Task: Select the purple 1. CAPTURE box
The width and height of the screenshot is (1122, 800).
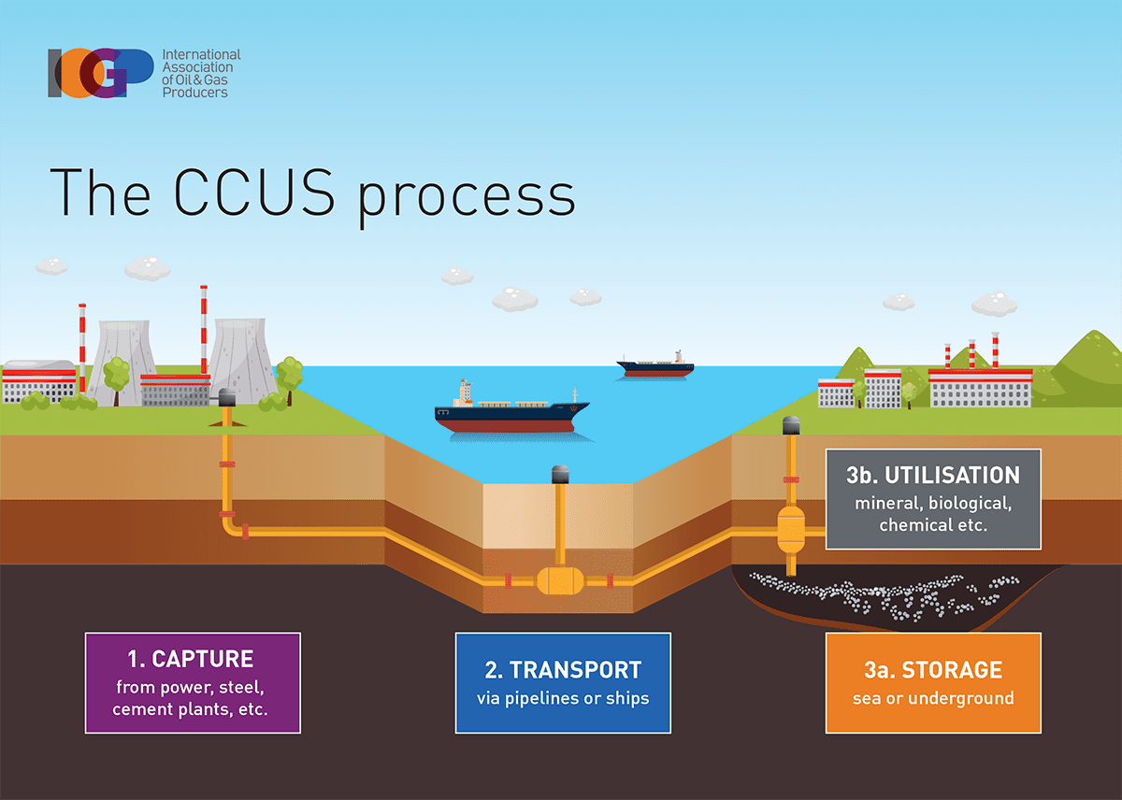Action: pos(193,682)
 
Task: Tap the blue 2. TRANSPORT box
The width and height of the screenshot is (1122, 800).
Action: pos(563,682)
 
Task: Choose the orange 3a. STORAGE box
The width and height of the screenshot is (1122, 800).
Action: pos(933,682)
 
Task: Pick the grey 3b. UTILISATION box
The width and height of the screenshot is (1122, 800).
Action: pos(933,498)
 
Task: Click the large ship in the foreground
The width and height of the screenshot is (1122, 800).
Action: pos(511,412)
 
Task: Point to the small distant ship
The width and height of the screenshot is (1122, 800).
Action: pos(655,365)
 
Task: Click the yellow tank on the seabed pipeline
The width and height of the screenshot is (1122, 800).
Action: pos(559,581)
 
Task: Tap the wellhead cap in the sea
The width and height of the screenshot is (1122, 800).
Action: pos(560,474)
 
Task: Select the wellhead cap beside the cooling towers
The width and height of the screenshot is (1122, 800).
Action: pos(225,398)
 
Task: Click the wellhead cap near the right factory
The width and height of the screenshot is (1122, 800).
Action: pos(791,425)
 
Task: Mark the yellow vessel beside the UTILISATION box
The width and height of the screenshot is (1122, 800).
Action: pos(791,532)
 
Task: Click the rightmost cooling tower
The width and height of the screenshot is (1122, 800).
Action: pos(241,360)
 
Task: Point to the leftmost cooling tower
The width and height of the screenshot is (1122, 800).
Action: pos(122,361)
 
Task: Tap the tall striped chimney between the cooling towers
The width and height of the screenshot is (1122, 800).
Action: pos(203,327)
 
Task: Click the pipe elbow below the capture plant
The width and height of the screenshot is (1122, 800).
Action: pos(230,527)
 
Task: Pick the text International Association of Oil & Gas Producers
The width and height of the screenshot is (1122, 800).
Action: pos(201,74)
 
